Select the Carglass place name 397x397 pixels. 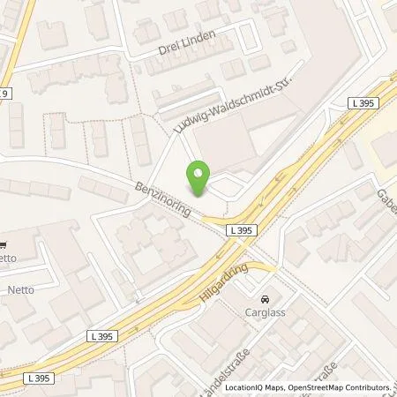[x=266, y=311]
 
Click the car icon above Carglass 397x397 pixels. [x=266, y=297]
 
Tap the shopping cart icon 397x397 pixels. [x=3, y=246]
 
